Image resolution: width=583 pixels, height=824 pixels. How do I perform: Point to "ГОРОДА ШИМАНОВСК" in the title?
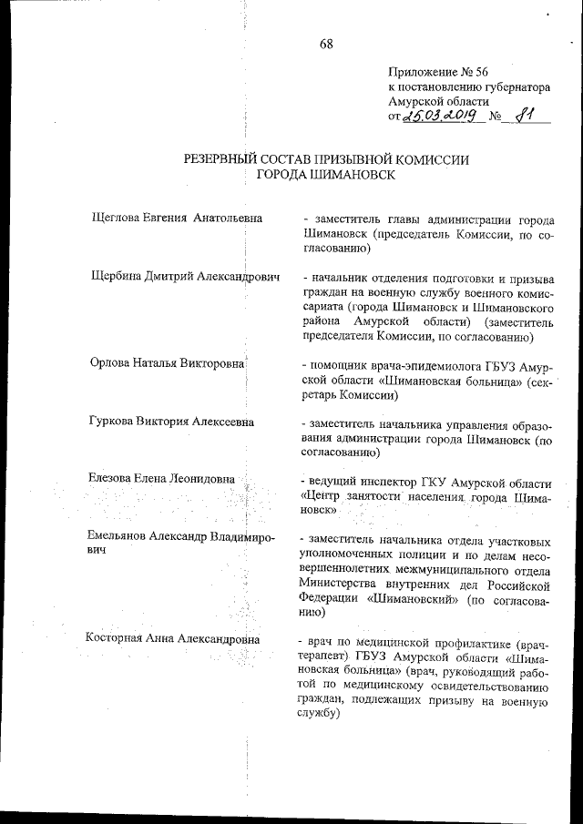[x=325, y=176]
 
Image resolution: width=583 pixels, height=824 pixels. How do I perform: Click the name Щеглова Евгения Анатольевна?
[x=178, y=219]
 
